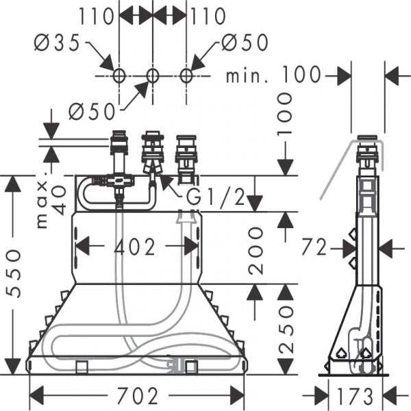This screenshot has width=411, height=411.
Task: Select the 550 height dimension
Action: pyautogui.click(x=14, y=273)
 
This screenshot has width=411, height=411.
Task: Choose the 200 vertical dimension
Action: pyautogui.click(x=256, y=249)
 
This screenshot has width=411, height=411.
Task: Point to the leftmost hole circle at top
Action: pyautogui.click(x=119, y=75)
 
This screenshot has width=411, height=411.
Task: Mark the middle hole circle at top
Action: pyautogui.click(x=152, y=75)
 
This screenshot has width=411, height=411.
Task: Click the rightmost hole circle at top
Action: pyautogui.click(x=185, y=75)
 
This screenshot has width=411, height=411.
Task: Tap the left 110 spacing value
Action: pyautogui.click(x=96, y=15)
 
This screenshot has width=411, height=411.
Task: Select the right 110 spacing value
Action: pyautogui.click(x=208, y=15)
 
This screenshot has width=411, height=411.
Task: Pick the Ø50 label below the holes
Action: pyautogui.click(x=91, y=110)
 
